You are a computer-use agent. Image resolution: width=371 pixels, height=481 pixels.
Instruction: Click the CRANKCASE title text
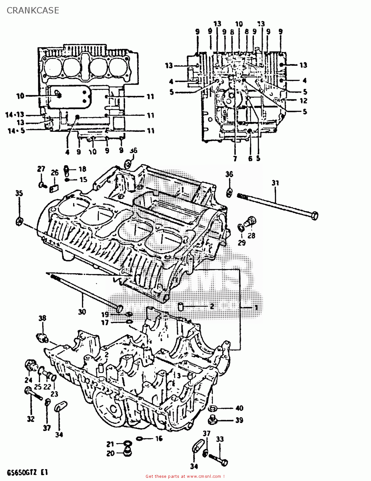coord(33,10)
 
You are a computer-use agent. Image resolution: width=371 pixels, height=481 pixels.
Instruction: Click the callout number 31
coord(275,183)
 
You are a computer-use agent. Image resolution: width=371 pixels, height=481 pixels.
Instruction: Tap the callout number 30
coord(82,311)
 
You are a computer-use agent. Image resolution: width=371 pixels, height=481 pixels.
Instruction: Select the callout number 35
coord(19,193)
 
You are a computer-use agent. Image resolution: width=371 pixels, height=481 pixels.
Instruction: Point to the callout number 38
coord(42,318)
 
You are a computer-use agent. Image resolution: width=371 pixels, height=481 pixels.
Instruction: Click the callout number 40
coord(239,408)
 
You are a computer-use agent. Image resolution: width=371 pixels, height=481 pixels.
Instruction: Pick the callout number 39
coord(239,420)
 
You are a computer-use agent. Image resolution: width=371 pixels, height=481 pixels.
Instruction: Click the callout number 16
coord(159,438)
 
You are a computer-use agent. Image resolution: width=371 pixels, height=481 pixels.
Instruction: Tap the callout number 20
coord(110,454)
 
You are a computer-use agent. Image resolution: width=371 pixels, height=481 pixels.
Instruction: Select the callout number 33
coord(220,439)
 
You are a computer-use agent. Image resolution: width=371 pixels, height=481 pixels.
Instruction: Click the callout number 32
coord(30,419)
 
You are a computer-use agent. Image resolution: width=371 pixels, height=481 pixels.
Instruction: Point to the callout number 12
coord(303,101)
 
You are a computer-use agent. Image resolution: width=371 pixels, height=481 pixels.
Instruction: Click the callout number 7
coord(235,158)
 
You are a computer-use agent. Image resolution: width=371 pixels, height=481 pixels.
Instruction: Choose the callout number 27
coord(41,169)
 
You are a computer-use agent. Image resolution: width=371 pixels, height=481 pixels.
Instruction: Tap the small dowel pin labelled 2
coord(180,307)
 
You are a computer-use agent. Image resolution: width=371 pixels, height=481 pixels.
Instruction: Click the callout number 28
coord(251,235)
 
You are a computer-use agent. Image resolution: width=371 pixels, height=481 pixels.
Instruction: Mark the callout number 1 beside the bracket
coord(256,307)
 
